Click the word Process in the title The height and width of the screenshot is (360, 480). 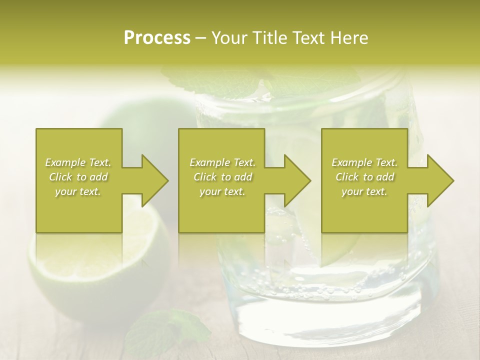tap(157, 38)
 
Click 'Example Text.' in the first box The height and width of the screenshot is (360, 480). tap(78, 162)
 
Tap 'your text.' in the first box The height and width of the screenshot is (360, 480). tap(78, 191)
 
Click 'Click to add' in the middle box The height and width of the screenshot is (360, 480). tap(222, 177)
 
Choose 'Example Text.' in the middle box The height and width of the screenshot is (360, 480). tap(222, 162)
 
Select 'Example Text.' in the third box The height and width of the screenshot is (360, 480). tap(364, 162)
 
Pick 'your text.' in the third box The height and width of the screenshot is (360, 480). tap(364, 191)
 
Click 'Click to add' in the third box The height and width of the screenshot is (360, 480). tap(364, 177)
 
